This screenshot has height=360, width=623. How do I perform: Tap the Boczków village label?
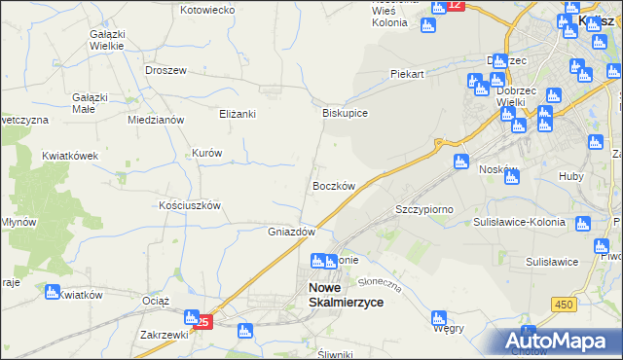333,185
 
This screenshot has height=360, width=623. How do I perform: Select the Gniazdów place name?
291,232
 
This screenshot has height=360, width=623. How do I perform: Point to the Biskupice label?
345,113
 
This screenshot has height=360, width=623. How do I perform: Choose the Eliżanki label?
237,114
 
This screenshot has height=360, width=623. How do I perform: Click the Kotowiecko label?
208,10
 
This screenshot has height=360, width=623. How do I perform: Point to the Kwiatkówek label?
71,156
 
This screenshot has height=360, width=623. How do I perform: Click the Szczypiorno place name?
424,209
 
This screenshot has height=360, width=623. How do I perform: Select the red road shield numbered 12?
455,6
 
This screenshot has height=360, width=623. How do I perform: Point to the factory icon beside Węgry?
439,317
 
